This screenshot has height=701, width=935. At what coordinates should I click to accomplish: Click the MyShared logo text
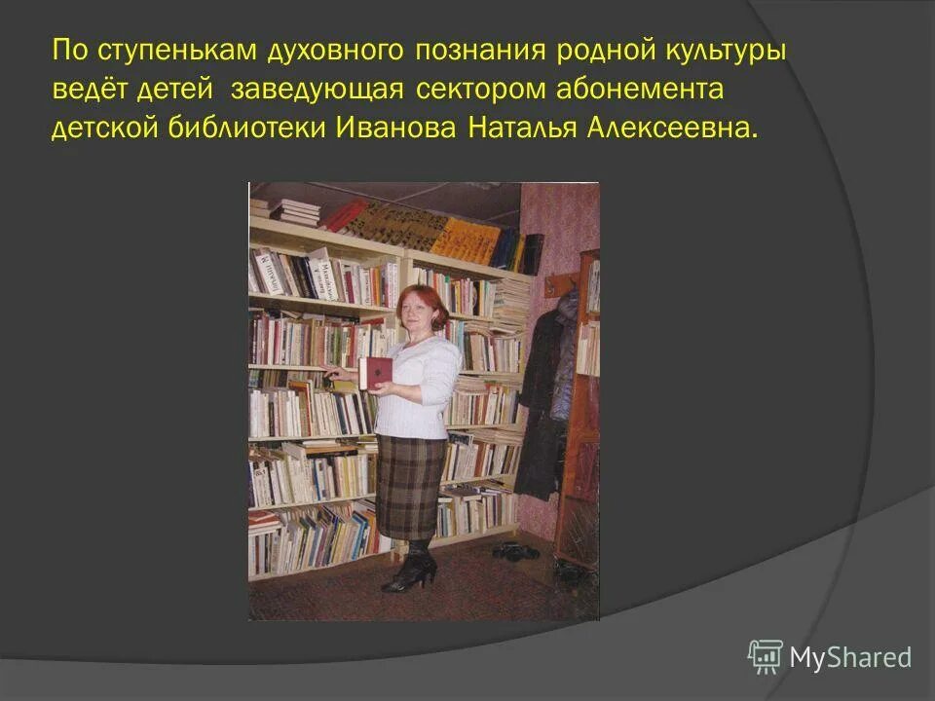850,657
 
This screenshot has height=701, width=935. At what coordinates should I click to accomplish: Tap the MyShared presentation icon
766,656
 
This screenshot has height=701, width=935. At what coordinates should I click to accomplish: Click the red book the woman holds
376,371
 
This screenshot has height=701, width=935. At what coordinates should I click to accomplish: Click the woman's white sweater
419,385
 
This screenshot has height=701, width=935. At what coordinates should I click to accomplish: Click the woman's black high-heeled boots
409,569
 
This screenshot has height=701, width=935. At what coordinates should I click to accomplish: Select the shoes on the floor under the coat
515,551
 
